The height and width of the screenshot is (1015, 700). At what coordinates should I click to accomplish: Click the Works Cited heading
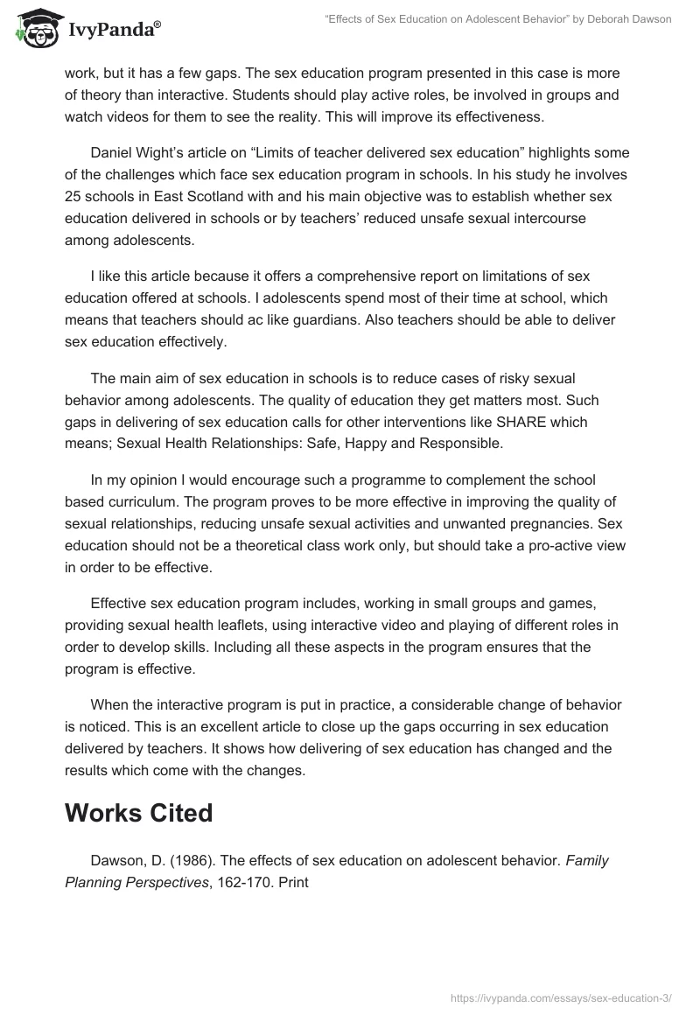[x=138, y=813]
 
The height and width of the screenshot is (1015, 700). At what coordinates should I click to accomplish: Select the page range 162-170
[x=234, y=882]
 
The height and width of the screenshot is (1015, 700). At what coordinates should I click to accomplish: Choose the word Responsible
[x=461, y=444]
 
